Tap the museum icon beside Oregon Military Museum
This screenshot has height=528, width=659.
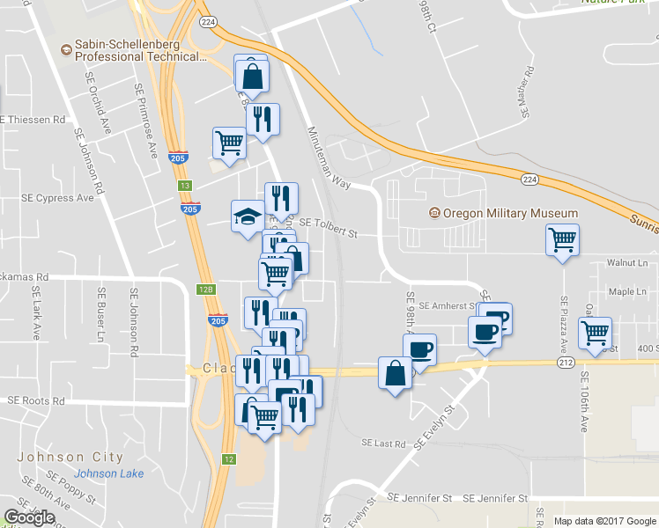point(433,214)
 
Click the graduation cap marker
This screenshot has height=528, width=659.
point(248,216)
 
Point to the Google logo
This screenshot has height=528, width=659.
point(29,517)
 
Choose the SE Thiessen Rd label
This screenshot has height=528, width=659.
point(33,119)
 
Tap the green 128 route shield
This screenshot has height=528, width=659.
point(204,290)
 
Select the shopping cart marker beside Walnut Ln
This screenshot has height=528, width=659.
point(562,239)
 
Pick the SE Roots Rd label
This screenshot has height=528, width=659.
point(36,400)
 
